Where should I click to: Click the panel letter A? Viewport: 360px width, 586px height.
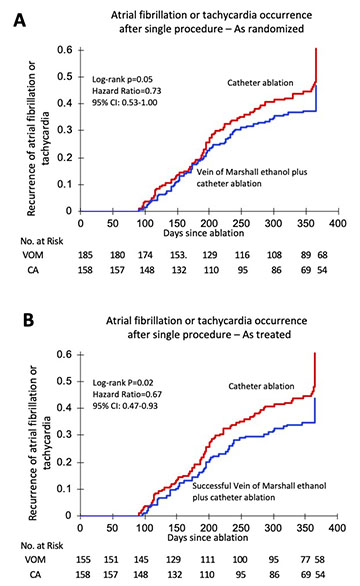tap(19, 20)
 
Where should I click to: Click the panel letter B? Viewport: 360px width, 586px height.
tap(28, 320)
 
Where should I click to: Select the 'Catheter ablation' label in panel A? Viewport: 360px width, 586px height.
tap(260, 83)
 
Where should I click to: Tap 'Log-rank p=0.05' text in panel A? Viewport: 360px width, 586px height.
tap(122, 79)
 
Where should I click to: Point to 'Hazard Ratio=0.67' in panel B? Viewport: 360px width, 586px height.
tap(127, 394)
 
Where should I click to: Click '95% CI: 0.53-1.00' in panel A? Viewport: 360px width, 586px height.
tap(124, 102)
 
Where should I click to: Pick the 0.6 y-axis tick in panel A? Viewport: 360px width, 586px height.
tap(65, 50)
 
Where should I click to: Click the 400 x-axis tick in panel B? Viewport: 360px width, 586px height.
tap(337, 528)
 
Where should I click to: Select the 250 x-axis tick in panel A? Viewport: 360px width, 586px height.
tap(241, 223)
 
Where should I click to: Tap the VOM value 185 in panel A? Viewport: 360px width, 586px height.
tap(85, 255)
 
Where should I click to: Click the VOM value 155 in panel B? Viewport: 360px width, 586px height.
tap(83, 559)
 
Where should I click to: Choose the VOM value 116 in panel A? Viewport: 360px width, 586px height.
tap(242, 255)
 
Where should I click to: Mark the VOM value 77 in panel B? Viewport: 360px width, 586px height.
tap(305, 559)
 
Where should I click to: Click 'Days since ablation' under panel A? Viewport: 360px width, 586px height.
tap(203, 233)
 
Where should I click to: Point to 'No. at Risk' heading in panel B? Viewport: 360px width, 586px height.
tap(42, 546)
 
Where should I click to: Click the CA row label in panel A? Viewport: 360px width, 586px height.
tap(33, 269)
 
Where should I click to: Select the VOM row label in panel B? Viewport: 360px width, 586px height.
tap(35, 559)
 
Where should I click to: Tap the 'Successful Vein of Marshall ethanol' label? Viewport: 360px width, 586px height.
tap(259, 486)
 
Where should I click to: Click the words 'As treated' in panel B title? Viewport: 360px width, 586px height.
tap(267, 334)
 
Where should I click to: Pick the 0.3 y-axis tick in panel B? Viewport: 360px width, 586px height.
tap(64, 435)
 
